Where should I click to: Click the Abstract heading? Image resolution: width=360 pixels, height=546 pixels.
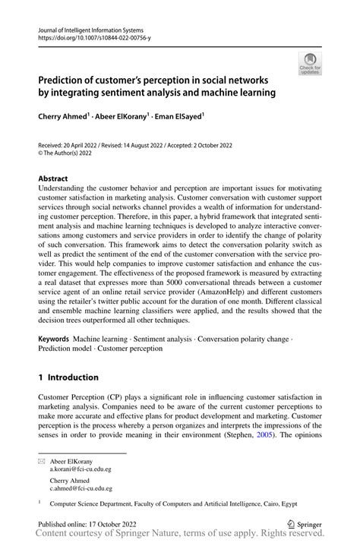[x=53, y=178]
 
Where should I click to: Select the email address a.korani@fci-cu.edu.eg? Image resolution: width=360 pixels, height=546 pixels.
[x=81, y=469]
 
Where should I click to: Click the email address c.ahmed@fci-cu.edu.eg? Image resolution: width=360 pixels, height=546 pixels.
[x=81, y=488]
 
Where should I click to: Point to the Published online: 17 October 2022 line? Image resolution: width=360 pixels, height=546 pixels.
[x=90, y=523]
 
